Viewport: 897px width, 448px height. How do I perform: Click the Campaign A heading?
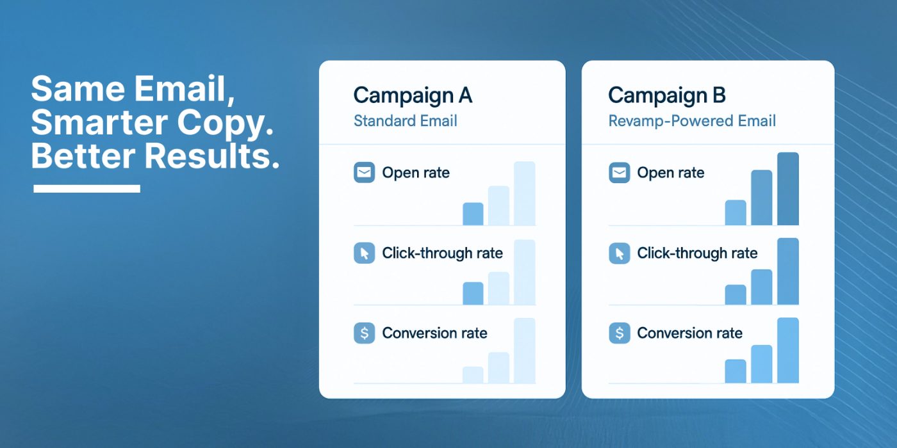[413, 96]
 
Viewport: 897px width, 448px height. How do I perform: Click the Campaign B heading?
[667, 96]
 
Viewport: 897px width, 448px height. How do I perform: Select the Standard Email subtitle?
[405, 121]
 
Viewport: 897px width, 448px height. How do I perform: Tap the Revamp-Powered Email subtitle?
[692, 121]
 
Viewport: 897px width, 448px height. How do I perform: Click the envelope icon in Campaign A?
[365, 172]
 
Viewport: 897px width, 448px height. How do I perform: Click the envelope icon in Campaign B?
[620, 172]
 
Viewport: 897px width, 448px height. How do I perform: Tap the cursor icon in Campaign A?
[365, 253]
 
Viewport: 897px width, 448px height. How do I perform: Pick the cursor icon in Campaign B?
[620, 253]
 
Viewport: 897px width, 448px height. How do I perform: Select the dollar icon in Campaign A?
[365, 333]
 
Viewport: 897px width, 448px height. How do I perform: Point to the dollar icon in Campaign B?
[620, 333]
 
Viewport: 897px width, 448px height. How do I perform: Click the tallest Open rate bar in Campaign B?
[788, 189]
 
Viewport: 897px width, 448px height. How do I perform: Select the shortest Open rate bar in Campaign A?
[473, 214]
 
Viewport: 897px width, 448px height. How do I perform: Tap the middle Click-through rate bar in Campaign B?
[762, 287]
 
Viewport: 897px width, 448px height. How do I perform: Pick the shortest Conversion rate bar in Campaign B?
[736, 371]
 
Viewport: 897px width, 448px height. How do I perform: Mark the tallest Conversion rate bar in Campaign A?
[525, 351]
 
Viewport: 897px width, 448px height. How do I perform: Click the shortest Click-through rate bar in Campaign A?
[473, 294]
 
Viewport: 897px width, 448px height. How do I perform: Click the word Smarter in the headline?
[99, 122]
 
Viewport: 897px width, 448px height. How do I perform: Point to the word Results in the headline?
[211, 156]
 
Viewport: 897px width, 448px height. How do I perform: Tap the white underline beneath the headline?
[87, 188]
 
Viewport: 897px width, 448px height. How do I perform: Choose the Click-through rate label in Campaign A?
[442, 253]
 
